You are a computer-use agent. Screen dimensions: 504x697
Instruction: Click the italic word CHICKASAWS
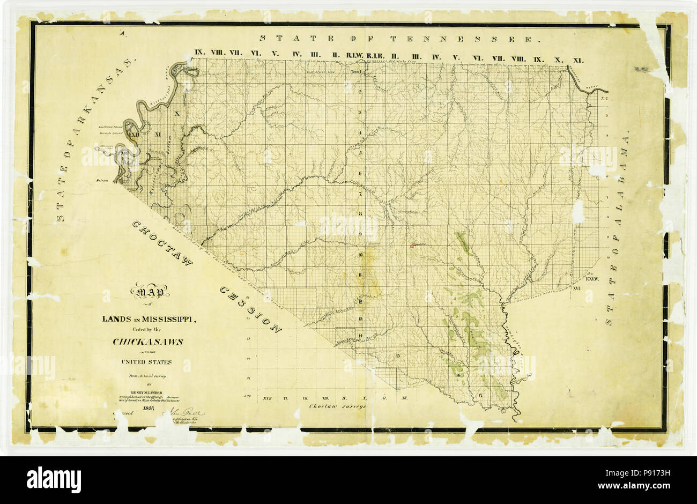tap(148, 342)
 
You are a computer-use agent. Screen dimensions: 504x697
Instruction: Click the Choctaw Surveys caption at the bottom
tap(337, 406)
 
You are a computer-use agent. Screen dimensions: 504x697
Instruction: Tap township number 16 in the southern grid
tap(459, 375)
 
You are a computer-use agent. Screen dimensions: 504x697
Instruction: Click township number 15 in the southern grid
tap(398, 355)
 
